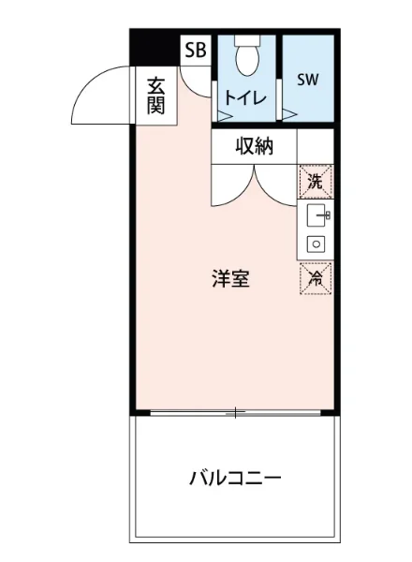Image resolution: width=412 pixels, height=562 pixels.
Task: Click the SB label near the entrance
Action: click(x=196, y=51)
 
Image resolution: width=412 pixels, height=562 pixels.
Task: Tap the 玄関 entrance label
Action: click(x=155, y=94)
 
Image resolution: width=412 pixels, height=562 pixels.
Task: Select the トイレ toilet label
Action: click(x=245, y=97)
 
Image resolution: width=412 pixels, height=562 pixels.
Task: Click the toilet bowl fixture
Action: click(x=248, y=58)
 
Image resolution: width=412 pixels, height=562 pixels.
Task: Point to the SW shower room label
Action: click(x=308, y=80)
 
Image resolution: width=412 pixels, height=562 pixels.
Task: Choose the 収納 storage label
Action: click(x=254, y=145)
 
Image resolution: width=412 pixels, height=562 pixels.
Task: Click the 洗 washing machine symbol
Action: click(x=316, y=182)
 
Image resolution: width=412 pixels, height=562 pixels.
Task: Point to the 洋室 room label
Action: click(x=230, y=278)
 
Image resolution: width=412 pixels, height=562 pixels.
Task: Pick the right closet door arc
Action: click(x=277, y=185)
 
